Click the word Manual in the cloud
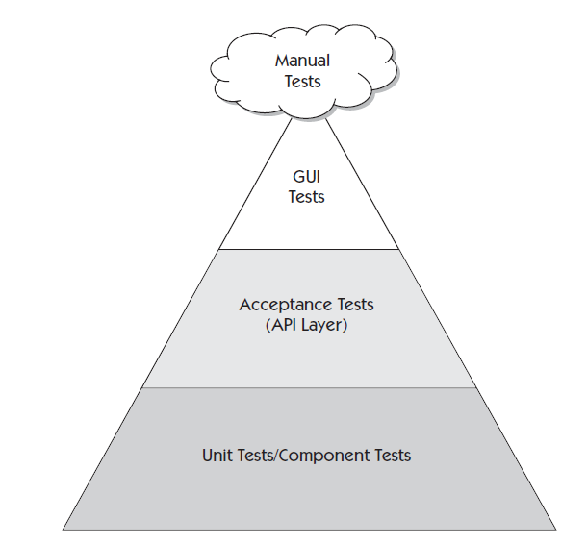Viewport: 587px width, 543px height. pyautogui.click(x=302, y=61)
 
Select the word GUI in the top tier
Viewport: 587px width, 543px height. pyautogui.click(x=307, y=177)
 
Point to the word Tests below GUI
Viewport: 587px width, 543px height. pyautogui.click(x=307, y=197)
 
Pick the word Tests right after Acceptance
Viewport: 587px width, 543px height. pyautogui.click(x=353, y=305)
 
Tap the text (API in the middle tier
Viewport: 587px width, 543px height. pyautogui.click(x=282, y=325)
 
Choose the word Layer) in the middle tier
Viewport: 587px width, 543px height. pyautogui.click(x=325, y=325)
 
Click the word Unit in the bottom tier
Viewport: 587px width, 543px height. pyautogui.click(x=217, y=455)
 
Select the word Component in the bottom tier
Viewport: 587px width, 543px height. pyautogui.click(x=331, y=455)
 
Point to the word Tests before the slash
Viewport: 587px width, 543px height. pyautogui.click(x=258, y=455)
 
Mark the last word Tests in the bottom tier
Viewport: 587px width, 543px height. pyautogui.click(x=392, y=455)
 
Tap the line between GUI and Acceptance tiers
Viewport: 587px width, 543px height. pyautogui.click(x=308, y=249)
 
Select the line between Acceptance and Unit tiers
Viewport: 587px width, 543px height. pyautogui.click(x=308, y=388)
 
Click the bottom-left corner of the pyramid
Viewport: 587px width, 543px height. pyautogui.click(x=64, y=529)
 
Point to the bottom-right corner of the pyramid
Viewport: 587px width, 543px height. pyautogui.click(x=555, y=529)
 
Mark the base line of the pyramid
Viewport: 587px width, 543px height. pyautogui.click(x=308, y=529)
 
